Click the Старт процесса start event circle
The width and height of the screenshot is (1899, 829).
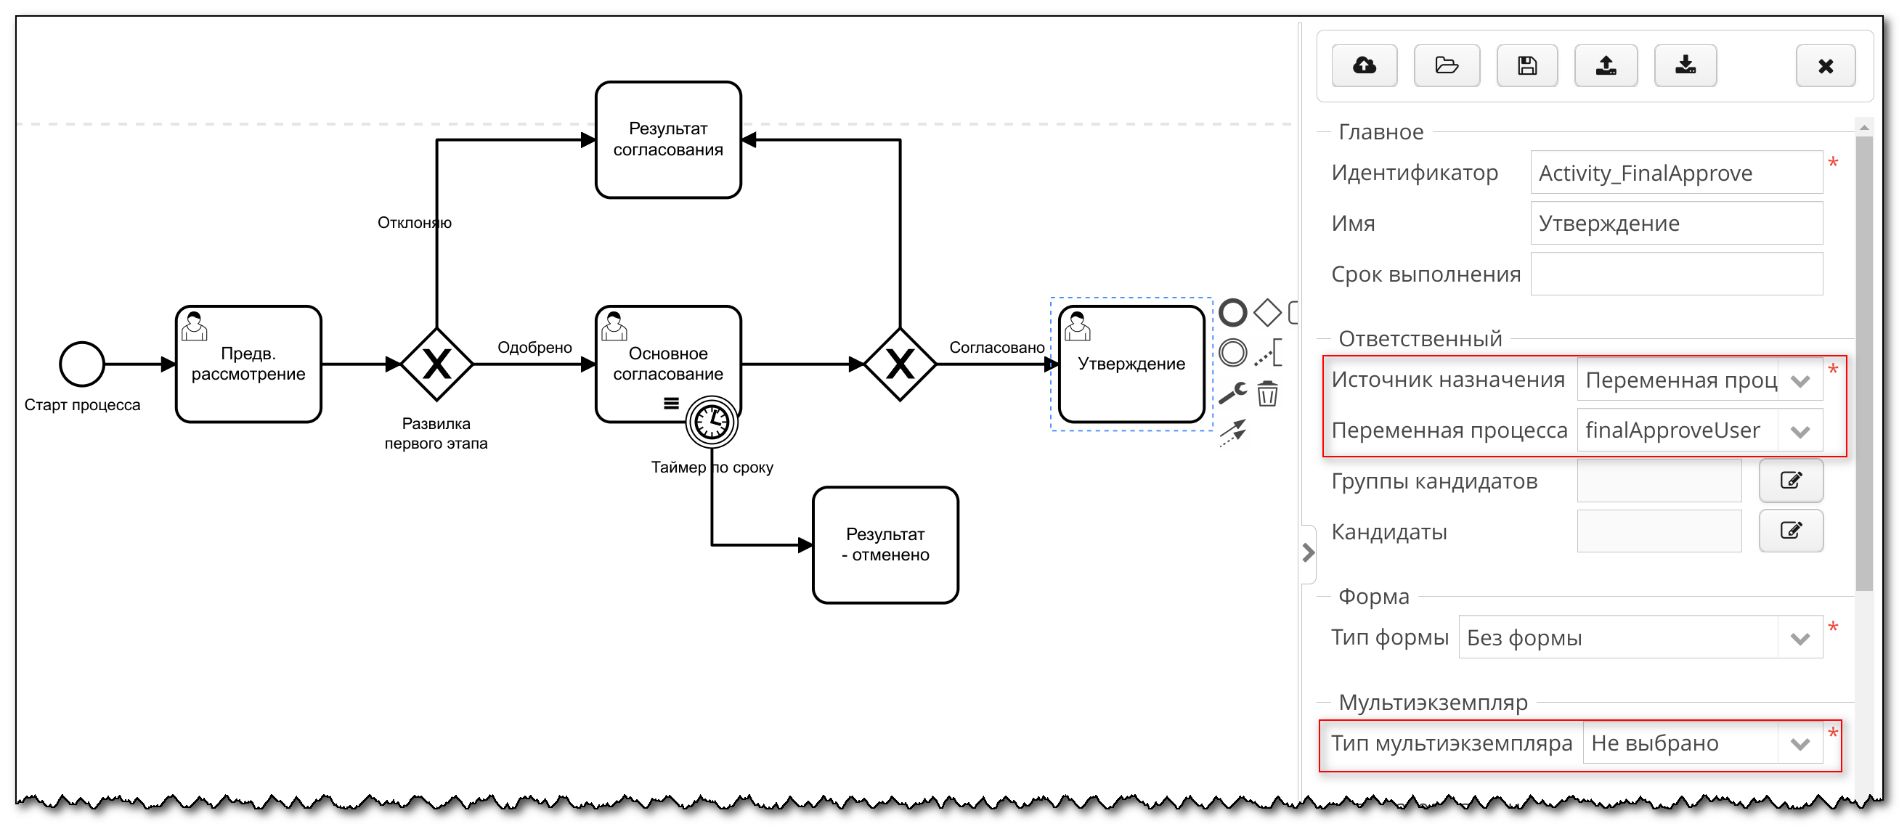click(82, 363)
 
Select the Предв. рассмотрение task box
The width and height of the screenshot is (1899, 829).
click(248, 364)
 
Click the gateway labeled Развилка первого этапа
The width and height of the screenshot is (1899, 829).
click(436, 364)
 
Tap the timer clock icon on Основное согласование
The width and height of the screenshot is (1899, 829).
click(712, 422)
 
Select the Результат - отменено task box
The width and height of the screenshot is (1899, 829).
click(885, 544)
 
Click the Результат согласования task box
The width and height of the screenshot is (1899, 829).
click(668, 139)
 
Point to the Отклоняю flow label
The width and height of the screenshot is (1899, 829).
click(415, 223)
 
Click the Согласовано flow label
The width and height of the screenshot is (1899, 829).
click(996, 347)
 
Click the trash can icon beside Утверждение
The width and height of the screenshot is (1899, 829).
click(1267, 393)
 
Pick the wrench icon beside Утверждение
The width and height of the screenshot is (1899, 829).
click(1232, 393)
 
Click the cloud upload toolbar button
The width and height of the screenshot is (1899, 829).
click(1364, 65)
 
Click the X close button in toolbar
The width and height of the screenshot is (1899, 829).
click(1825, 66)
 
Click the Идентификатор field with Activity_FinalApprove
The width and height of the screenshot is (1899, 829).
click(1675, 173)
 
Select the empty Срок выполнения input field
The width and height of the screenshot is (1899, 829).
click(1675, 274)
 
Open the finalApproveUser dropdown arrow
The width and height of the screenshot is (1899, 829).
click(1800, 431)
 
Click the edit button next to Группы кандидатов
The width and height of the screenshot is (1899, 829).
click(1791, 481)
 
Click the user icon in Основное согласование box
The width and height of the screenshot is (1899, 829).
click(614, 327)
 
